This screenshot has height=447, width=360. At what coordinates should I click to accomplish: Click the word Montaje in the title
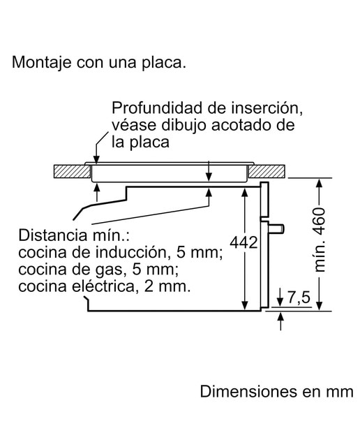coord(42,62)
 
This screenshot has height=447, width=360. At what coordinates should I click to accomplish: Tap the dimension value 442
coord(243,242)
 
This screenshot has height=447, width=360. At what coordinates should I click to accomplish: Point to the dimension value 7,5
coord(299,298)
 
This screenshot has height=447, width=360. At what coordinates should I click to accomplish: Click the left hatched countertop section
coord(72,171)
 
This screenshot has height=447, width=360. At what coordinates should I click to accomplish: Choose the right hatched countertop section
coord(267,171)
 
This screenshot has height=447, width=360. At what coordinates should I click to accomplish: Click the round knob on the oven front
coord(276,228)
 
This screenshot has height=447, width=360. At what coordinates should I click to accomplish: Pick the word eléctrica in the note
coord(103,286)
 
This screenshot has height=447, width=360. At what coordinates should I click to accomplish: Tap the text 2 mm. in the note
coord(167,286)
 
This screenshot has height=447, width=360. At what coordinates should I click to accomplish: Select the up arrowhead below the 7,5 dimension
coord(281,316)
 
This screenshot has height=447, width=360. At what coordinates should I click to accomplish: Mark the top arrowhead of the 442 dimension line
coord(245,193)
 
